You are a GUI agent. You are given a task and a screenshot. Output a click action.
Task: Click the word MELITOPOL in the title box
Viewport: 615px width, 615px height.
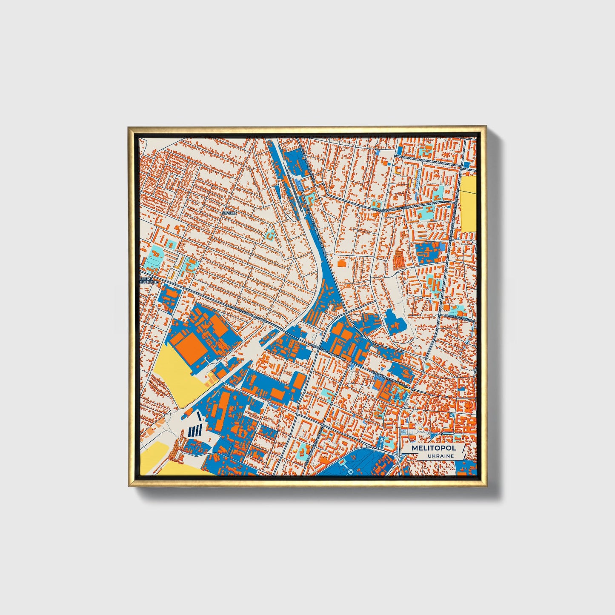click(433, 448)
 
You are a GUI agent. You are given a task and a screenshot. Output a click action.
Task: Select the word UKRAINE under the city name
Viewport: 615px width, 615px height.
click(441, 456)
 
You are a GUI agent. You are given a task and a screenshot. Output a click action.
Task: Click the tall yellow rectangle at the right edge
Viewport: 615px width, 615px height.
click(468, 204)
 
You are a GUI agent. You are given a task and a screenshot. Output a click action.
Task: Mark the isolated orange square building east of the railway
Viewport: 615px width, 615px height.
click(341, 263)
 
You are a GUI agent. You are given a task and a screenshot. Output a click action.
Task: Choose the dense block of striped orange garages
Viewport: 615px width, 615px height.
click(399, 259)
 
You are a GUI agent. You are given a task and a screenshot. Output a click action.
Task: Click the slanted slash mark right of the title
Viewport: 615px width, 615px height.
click(463, 451)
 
